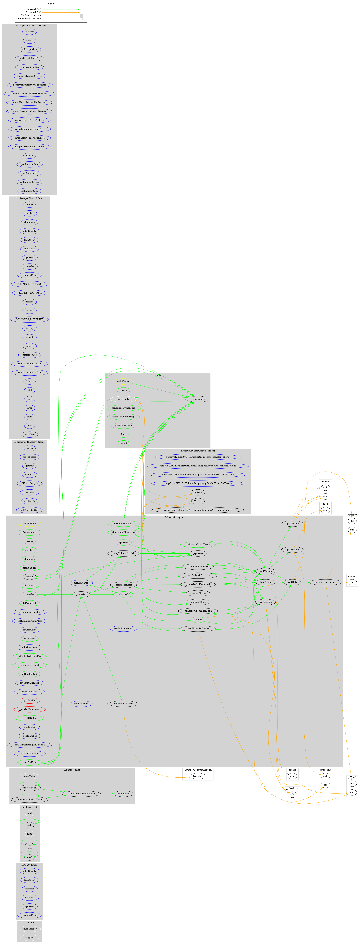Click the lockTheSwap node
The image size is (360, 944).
click(x=29, y=523)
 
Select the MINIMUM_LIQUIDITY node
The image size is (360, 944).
click(x=29, y=319)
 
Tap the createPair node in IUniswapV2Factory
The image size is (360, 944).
click(x=29, y=492)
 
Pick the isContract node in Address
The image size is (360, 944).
click(x=123, y=793)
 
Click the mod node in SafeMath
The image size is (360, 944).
click(x=29, y=857)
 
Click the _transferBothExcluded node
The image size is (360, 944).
click(x=198, y=575)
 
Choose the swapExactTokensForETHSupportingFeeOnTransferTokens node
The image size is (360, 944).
click(x=198, y=510)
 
